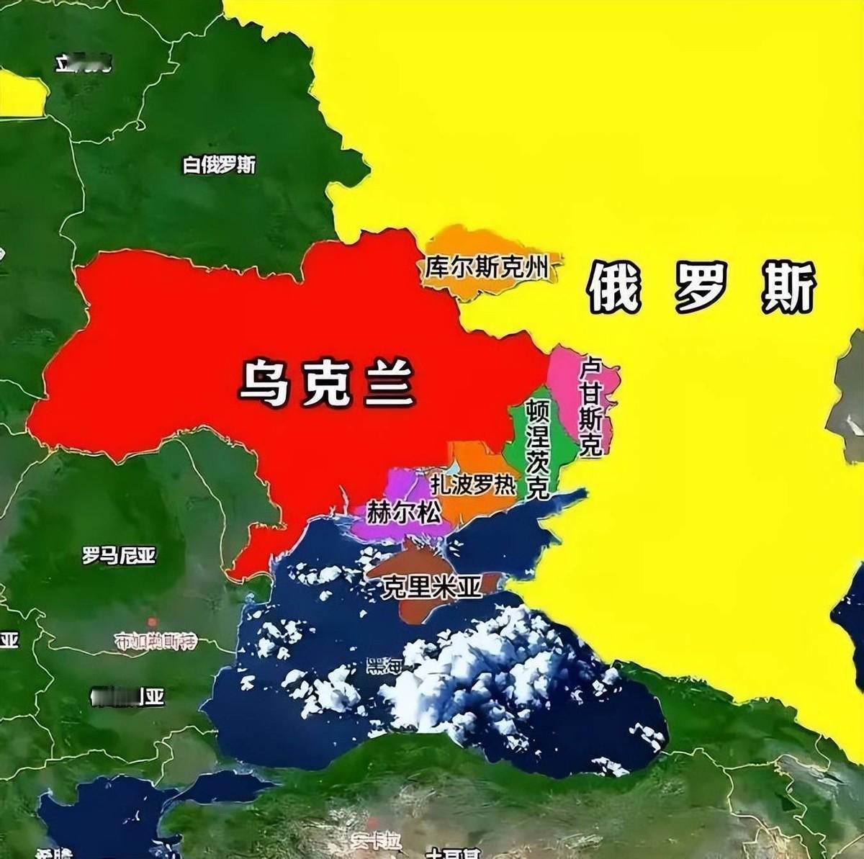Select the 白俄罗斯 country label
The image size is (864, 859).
pos(219,165)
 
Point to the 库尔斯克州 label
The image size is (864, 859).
pos(486,268)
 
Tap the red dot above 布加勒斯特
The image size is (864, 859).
pos(152,621)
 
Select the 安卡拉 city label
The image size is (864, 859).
pos(375,840)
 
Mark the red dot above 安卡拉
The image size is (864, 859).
pos(372,822)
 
